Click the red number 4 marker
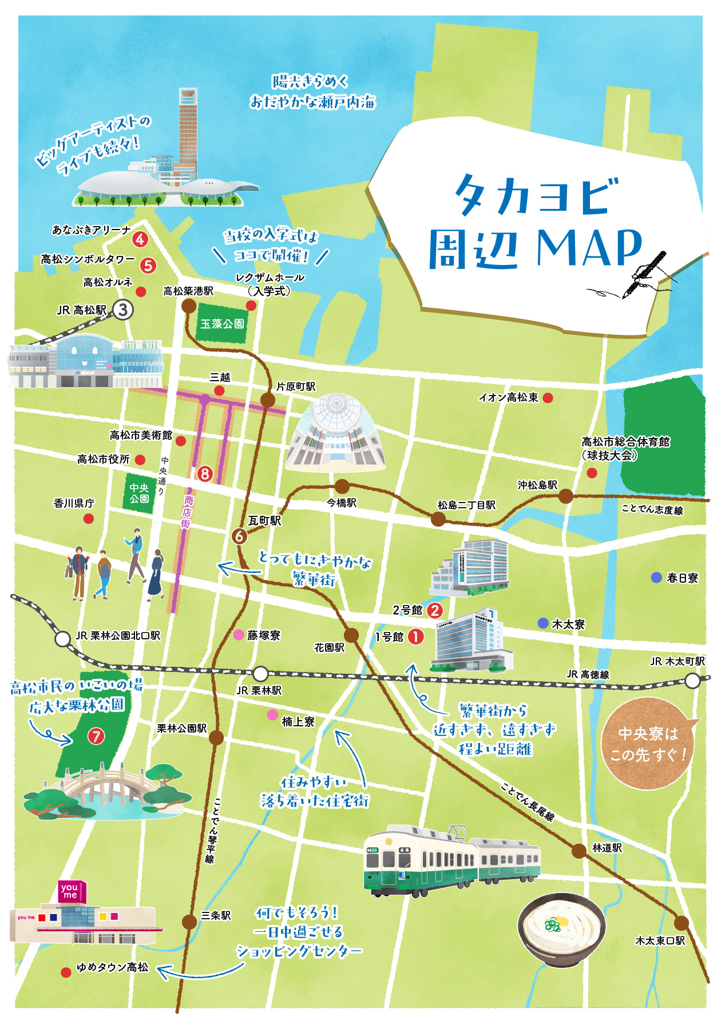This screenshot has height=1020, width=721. coord(140,239)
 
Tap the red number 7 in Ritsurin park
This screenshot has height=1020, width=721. coord(96,736)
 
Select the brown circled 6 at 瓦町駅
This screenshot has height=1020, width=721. coord(239,536)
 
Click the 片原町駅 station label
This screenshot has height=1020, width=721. coord(296,386)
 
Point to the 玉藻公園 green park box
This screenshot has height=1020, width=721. coord(222,324)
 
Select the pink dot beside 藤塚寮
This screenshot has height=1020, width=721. coord(239,635)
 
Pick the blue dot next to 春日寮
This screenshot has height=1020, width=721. coord(656,578)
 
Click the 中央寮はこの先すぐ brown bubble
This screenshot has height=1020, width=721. coord(648,744)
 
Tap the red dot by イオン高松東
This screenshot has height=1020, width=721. coord(548,398)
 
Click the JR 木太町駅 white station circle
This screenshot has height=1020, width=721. coord(692,681)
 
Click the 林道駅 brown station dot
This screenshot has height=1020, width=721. coord(579,851)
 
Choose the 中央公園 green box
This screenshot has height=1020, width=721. coord(139,493)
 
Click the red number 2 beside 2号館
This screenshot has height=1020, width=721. coord(434,610)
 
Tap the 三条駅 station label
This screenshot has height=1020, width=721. coord(216,915)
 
